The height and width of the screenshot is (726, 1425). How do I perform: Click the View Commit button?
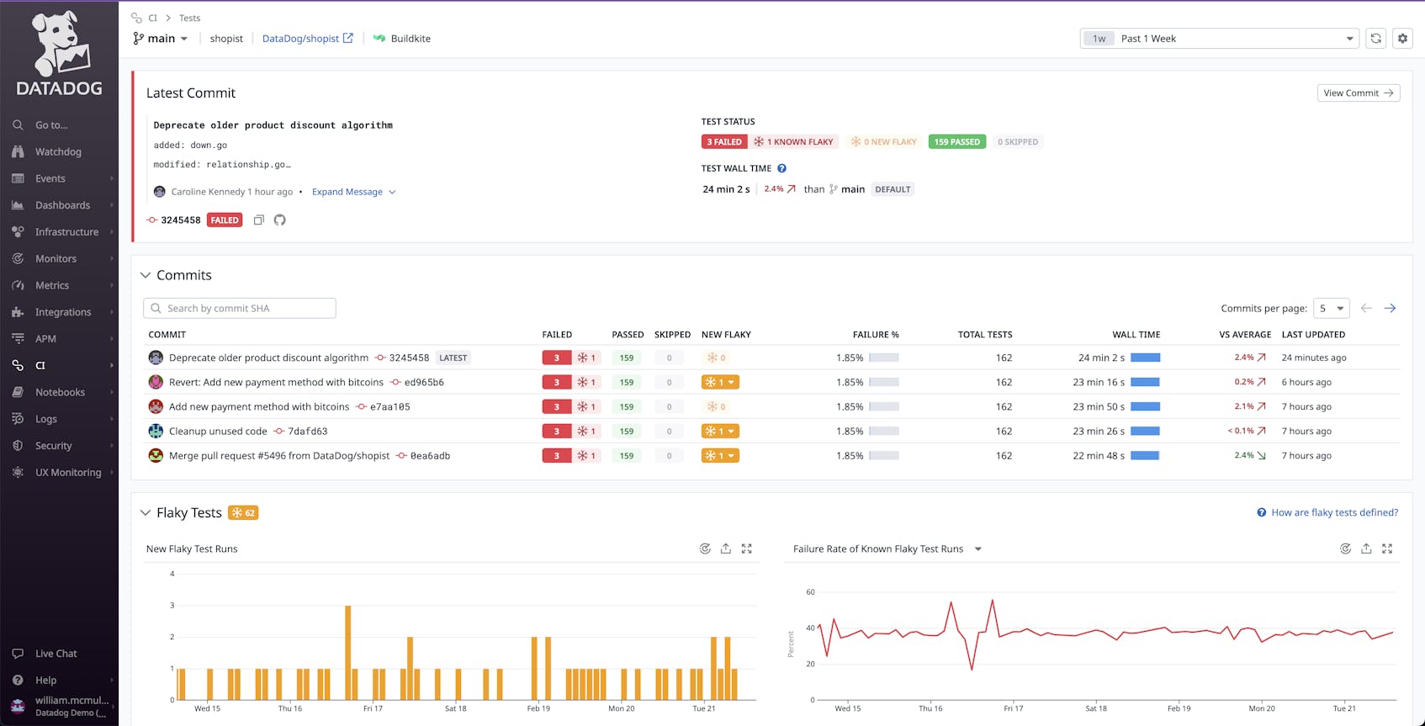(x=1358, y=93)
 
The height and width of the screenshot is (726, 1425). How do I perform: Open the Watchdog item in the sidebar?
(x=58, y=152)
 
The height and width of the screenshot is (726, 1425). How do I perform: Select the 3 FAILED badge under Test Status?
(x=723, y=142)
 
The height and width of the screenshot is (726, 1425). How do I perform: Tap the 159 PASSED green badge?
(x=956, y=142)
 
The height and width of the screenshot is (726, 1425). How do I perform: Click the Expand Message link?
(x=347, y=192)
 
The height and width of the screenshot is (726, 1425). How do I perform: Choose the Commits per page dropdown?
(x=1331, y=309)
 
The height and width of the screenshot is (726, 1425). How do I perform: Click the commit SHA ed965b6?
(x=423, y=383)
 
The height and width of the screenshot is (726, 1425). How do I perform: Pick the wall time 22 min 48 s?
(x=1098, y=456)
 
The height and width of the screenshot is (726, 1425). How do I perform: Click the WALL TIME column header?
(x=1136, y=335)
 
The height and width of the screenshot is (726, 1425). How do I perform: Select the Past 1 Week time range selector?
(x=1219, y=39)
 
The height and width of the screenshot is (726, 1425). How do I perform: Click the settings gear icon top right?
(x=1402, y=39)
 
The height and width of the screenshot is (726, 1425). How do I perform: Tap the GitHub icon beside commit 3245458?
(x=280, y=220)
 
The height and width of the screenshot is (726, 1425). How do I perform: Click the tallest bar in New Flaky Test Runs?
(x=347, y=652)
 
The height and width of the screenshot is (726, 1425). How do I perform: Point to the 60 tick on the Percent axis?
(x=810, y=592)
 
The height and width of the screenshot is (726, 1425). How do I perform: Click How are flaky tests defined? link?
(x=1333, y=513)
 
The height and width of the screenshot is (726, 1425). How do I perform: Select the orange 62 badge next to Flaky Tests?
(x=243, y=513)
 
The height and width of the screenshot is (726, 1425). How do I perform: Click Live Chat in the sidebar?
(x=56, y=654)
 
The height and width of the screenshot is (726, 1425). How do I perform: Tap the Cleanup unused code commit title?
(x=218, y=432)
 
